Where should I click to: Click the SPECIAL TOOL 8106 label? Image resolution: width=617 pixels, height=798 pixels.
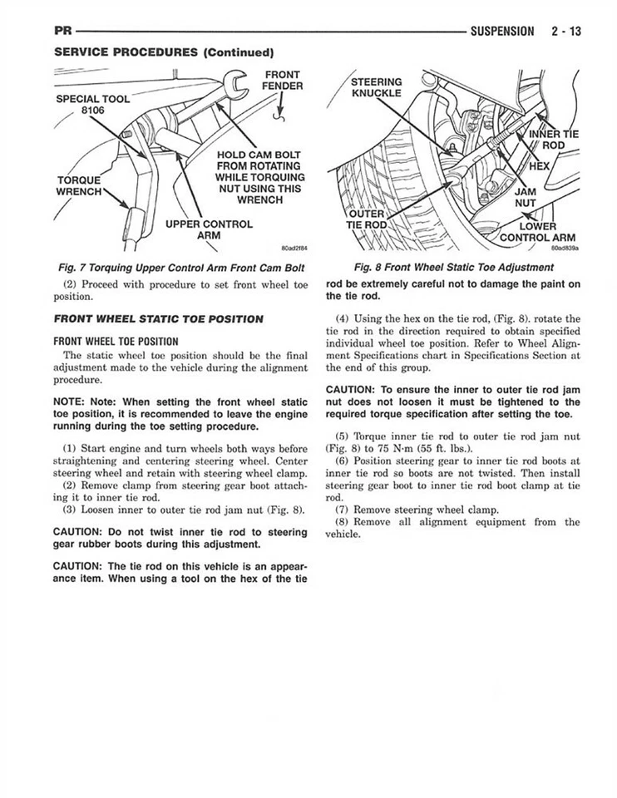[92, 106]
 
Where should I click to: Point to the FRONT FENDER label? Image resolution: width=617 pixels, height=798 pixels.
[282, 80]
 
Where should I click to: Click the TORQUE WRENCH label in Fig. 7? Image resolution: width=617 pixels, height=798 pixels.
[78, 186]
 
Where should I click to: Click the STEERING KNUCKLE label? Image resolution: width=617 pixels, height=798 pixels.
[376, 87]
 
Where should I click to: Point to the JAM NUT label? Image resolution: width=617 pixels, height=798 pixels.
[526, 196]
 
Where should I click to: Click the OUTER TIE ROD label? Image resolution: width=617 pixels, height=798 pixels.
[366, 219]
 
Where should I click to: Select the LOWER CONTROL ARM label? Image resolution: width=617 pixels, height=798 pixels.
[536, 233]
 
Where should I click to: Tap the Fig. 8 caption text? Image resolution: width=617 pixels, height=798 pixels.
[453, 267]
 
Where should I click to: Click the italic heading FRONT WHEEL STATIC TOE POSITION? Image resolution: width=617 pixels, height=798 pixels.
[158, 318]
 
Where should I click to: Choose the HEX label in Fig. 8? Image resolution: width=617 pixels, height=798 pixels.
[541, 165]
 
